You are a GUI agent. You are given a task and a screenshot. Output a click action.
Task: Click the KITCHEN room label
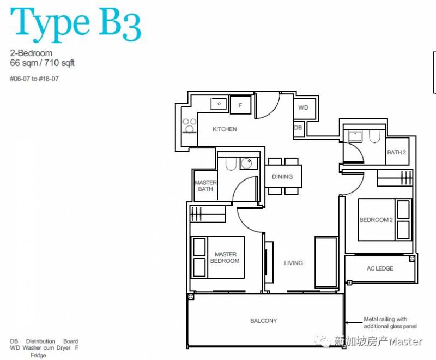click(225, 129)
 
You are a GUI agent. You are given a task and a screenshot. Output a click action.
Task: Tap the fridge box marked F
click(240, 105)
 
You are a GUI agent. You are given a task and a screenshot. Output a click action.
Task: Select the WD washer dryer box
click(305, 107)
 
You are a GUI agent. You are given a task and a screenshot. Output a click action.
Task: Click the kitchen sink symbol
click(219, 104)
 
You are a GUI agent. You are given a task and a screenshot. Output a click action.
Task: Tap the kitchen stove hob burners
click(189, 125)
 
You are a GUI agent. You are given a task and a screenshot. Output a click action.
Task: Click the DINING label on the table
click(282, 176)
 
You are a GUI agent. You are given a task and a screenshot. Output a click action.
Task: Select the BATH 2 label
click(396, 153)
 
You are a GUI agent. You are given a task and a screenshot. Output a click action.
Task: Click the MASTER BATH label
click(205, 185)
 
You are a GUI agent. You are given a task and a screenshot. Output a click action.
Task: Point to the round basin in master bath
click(247, 163)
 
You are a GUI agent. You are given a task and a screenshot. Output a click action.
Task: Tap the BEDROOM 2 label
click(376, 220)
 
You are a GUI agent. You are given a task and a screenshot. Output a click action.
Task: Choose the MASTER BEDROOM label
click(225, 257)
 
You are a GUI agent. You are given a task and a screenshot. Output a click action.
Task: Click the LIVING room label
click(293, 263)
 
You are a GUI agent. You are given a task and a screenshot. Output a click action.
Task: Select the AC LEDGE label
click(380, 268)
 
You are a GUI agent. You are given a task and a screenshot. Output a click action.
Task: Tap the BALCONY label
click(264, 321)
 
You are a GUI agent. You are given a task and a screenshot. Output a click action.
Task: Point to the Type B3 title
click(76, 25)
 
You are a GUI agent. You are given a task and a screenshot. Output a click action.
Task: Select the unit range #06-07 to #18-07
click(34, 79)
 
